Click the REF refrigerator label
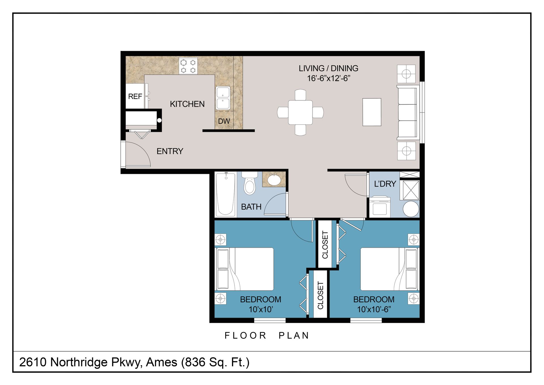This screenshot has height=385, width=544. (135, 97)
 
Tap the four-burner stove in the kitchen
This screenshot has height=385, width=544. (188, 66)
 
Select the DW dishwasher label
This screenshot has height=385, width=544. (224, 121)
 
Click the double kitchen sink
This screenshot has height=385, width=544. (223, 98)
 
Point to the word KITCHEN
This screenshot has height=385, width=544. (187, 104)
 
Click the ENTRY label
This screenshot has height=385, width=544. (170, 151)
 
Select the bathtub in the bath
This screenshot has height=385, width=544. (226, 194)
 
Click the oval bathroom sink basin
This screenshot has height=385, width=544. (274, 180)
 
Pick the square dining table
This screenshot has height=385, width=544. (300, 112)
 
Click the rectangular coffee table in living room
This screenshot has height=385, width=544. (372, 112)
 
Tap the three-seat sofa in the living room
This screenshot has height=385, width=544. (408, 113)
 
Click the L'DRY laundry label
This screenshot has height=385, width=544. (385, 184)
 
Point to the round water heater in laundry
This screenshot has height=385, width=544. (411, 209)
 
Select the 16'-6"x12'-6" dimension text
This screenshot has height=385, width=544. (329, 78)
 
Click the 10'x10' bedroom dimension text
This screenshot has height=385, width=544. (261, 309)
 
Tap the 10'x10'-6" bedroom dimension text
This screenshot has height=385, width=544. (374, 309)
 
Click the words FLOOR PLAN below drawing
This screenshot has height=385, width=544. (267, 336)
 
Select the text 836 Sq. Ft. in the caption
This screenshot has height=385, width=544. (215, 362)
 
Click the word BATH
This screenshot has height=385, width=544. (251, 207)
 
